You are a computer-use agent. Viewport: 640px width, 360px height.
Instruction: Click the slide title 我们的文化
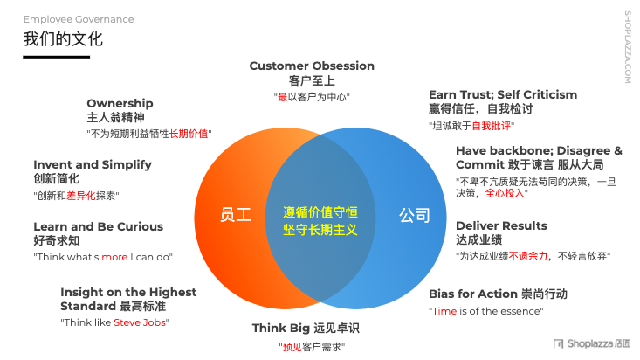(x=63, y=39)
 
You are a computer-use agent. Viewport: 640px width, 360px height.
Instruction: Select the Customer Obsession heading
(x=312, y=66)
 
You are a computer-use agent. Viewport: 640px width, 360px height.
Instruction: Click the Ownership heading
(x=120, y=103)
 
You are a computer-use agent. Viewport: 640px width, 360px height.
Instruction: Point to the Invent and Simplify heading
(x=93, y=164)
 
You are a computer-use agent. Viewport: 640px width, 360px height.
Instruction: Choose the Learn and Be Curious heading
(x=98, y=226)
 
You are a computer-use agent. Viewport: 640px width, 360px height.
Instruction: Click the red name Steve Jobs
(x=142, y=322)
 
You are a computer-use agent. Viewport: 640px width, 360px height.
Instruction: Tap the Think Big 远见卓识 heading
(x=306, y=329)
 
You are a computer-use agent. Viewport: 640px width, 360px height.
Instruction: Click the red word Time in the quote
(x=444, y=311)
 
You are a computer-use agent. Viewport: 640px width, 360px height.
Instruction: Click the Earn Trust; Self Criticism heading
(x=502, y=94)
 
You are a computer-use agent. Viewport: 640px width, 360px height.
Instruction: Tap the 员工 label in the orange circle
(x=236, y=215)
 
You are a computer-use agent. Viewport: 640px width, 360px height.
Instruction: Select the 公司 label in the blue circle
(x=415, y=215)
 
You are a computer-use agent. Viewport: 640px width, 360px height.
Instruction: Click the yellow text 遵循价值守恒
(x=320, y=211)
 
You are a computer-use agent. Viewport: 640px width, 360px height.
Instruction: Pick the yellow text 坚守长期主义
(x=320, y=229)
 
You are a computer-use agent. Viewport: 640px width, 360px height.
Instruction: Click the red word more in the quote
(x=114, y=257)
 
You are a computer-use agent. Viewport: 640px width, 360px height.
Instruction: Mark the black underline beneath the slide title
(x=56, y=57)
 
